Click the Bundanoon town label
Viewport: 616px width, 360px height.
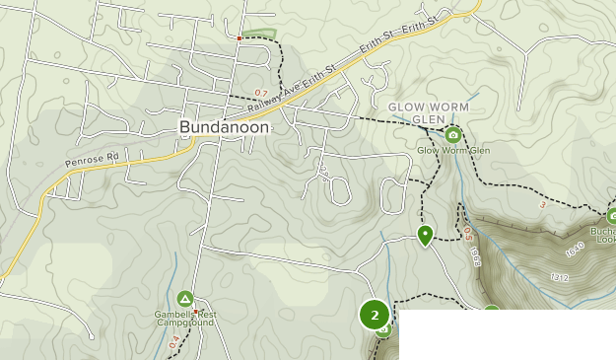click(x=226, y=128)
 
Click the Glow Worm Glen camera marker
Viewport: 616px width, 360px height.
click(x=452, y=135)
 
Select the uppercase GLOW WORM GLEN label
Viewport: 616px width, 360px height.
click(x=428, y=112)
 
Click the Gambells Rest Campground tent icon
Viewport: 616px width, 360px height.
click(x=184, y=299)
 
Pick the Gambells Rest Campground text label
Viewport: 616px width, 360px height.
click(x=184, y=317)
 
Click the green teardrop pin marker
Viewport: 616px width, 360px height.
click(x=425, y=235)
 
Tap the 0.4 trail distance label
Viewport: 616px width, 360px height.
click(x=174, y=341)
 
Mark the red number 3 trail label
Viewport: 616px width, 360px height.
click(x=542, y=205)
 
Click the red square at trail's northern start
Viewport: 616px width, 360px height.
click(x=239, y=37)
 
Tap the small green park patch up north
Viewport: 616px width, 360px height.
click(x=260, y=33)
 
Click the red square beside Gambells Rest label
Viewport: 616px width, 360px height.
click(x=195, y=311)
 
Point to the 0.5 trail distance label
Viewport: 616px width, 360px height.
click(x=468, y=233)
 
